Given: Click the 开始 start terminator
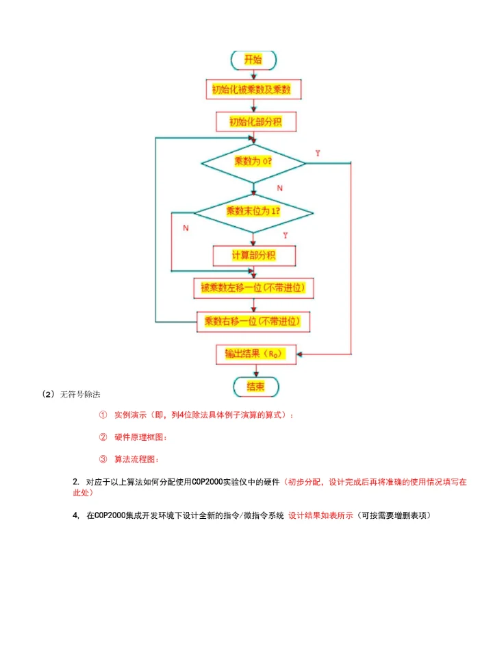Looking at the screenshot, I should pyautogui.click(x=253, y=60).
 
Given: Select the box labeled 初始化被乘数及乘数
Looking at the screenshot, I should pyautogui.click(x=253, y=90).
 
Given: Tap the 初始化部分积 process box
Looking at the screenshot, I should pyautogui.click(x=253, y=121).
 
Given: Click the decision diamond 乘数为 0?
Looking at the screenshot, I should pyautogui.click(x=253, y=162).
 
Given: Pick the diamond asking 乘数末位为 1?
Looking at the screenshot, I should pyautogui.click(x=253, y=212).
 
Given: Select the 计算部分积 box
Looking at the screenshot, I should pyautogui.click(x=253, y=255).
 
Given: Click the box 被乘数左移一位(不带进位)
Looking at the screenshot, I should pyautogui.click(x=253, y=288).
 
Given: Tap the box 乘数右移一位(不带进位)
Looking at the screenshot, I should pyautogui.click(x=253, y=321).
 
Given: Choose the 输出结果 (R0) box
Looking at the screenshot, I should pyautogui.click(x=253, y=354).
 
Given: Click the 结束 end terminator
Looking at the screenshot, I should pyautogui.click(x=255, y=387).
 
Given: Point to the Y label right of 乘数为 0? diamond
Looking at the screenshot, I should pyautogui.click(x=318, y=154).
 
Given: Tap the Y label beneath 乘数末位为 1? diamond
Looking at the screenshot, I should pyautogui.click(x=285, y=236).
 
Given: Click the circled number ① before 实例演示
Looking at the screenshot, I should pyautogui.click(x=103, y=415).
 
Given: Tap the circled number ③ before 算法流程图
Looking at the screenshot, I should pyautogui.click(x=103, y=459).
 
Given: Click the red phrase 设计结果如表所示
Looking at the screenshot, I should pyautogui.click(x=320, y=515).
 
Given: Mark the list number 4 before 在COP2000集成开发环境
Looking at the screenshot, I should pyautogui.click(x=75, y=515).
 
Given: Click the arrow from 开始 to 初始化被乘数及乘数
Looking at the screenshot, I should pyautogui.click(x=253, y=74).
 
